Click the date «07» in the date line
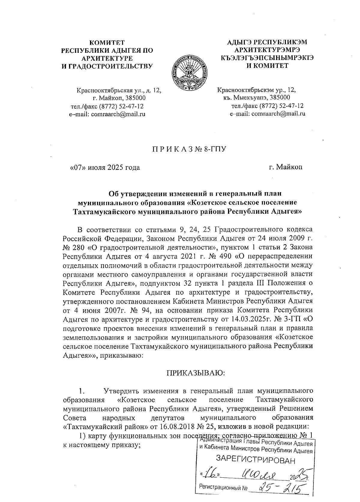click(x=79, y=167)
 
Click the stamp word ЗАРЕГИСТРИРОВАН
click(x=256, y=460)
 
